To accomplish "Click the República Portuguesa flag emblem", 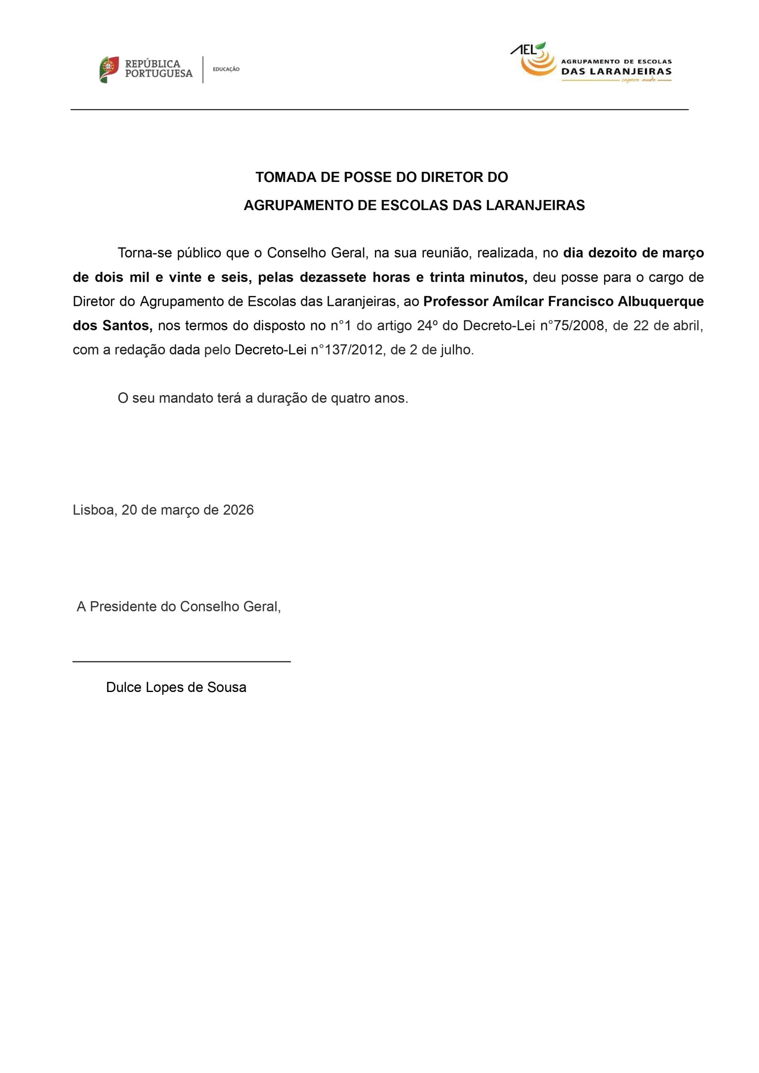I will [x=109, y=70].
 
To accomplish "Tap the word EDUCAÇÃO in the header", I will [x=226, y=69].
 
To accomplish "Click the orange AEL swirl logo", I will [x=537, y=63].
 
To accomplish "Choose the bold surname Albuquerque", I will [x=661, y=301].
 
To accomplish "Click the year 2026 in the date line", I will [x=238, y=510].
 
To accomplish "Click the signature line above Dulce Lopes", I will [x=181, y=661].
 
